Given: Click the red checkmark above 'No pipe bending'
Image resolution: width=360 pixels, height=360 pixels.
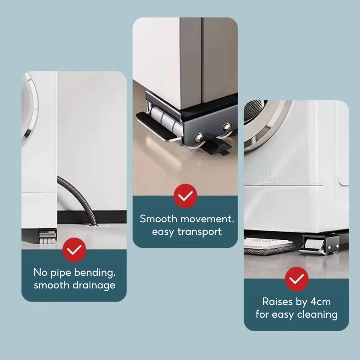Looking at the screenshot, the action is [x=74, y=250].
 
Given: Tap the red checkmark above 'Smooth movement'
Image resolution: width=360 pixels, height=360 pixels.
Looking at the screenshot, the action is [x=185, y=196].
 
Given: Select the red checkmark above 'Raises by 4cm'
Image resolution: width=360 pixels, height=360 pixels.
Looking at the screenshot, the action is [x=297, y=279].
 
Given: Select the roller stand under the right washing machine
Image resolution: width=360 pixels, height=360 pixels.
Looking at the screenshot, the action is [x=319, y=245].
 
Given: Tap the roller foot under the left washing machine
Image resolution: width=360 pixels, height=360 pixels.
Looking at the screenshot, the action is [x=48, y=237].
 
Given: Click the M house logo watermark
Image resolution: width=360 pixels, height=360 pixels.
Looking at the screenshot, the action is [x=263, y=167].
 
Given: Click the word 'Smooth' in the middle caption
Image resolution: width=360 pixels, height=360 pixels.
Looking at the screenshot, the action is [x=158, y=219].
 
